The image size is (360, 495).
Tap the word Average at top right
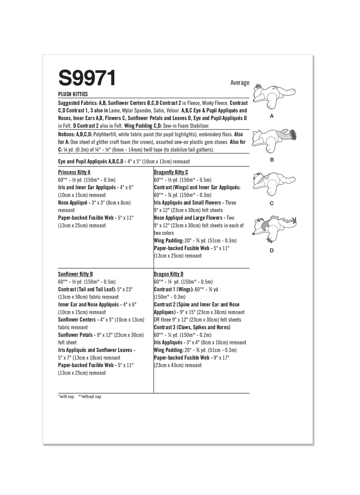(239, 83)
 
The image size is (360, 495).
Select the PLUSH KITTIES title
(73, 94)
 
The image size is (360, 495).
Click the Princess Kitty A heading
(74, 172)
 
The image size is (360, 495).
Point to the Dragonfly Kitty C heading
(171, 172)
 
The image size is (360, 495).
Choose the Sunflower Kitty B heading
(76, 274)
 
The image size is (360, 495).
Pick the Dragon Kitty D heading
(169, 274)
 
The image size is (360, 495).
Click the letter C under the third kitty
(271, 203)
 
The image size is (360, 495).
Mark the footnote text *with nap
(66, 397)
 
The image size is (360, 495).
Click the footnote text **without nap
(90, 397)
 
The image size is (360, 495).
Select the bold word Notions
(67, 135)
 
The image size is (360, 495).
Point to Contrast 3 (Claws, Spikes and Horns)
(192, 327)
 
